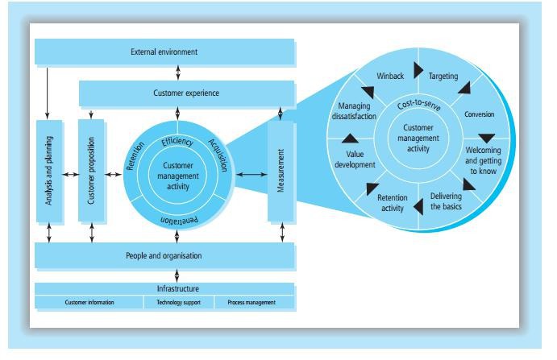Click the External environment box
(164, 53)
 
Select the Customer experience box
(186, 93)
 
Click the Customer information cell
(89, 303)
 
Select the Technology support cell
(179, 303)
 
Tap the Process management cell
(251, 303)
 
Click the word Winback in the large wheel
(390, 77)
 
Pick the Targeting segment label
(443, 77)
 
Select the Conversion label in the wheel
(479, 114)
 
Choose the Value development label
(355, 159)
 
